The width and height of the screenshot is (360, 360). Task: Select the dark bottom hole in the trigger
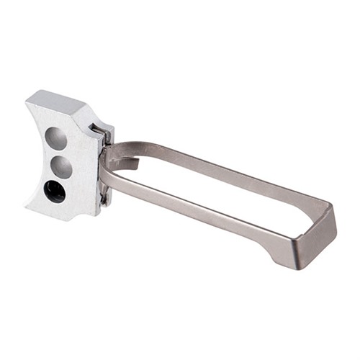pos(55,191)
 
